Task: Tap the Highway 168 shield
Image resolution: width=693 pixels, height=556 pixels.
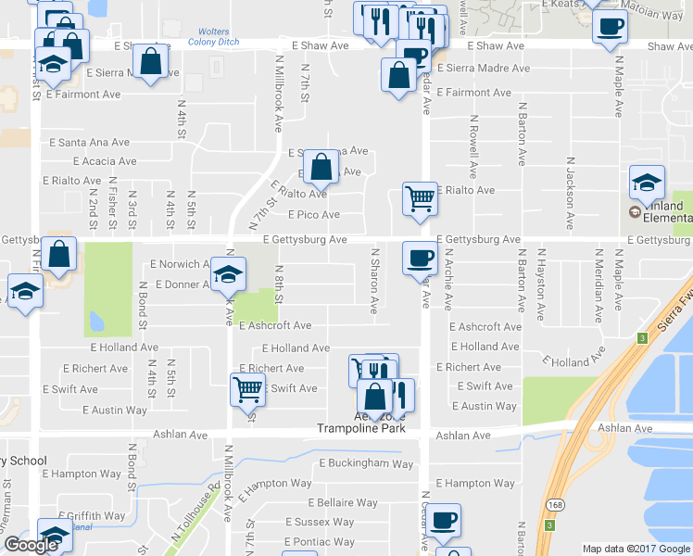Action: pos(553,503)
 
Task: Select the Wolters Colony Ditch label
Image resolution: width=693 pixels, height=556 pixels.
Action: pos(215,37)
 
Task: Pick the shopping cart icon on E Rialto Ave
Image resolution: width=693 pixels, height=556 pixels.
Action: pos(420,197)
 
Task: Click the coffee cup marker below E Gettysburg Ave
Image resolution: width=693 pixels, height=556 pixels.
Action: pos(420,256)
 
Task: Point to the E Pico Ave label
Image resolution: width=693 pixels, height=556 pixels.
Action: pos(313,215)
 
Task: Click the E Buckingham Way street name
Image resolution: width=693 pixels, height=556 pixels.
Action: pos(366,463)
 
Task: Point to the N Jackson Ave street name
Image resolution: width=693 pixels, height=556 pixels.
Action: pos(568,185)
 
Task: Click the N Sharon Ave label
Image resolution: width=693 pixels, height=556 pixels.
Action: pos(375,278)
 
